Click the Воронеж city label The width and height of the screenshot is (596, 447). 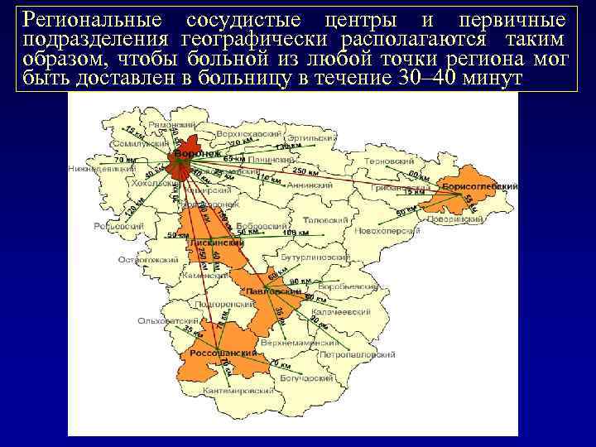tap(195, 154)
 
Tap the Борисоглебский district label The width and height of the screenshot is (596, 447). tap(479, 187)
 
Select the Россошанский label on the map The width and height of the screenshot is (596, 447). tap(219, 353)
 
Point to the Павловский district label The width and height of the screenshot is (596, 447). tap(272, 292)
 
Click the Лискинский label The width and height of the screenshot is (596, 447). tap(216, 243)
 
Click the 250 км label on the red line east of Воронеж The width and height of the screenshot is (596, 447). tap(305, 171)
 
